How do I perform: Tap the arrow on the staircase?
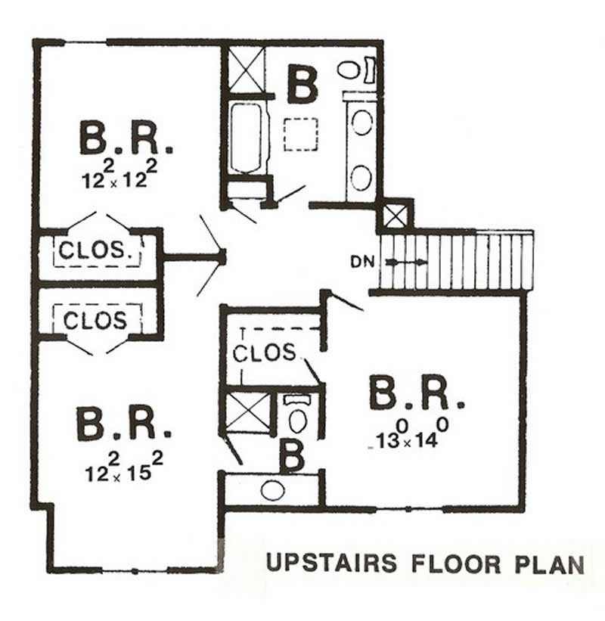(407, 262)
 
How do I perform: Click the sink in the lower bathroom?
(272, 490)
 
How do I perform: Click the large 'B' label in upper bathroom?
(302, 85)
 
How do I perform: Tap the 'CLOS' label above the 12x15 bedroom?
(95, 320)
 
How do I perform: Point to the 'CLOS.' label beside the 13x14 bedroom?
(265, 352)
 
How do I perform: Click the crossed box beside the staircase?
(396, 215)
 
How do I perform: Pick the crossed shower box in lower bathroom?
(247, 412)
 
